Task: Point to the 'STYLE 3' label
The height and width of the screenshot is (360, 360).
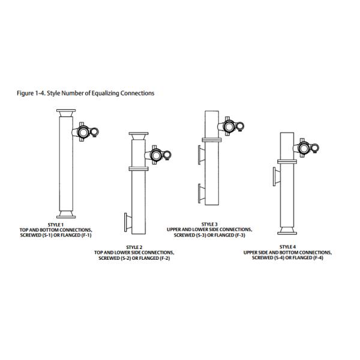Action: [x=209, y=224]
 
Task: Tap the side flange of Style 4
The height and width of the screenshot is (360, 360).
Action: [x=274, y=178]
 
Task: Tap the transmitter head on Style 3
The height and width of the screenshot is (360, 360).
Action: [x=231, y=125]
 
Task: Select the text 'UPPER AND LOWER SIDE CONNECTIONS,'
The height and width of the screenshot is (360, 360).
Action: [x=209, y=228]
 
